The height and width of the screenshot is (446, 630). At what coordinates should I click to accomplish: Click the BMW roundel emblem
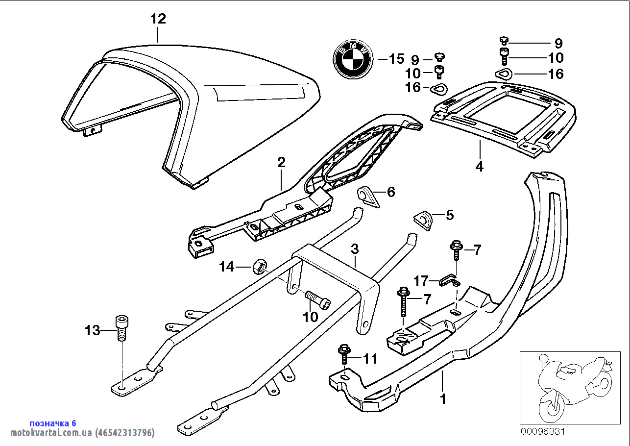click(x=352, y=59)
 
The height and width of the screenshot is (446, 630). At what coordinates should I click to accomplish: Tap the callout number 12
click(x=158, y=19)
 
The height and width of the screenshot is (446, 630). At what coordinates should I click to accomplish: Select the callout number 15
click(x=396, y=59)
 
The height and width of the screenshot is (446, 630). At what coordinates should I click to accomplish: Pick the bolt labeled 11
click(x=343, y=354)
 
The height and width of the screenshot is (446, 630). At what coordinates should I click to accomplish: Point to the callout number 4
click(x=479, y=167)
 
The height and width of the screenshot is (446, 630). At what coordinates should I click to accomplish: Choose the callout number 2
click(x=281, y=162)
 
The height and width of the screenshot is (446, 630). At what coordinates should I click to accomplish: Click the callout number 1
click(x=443, y=399)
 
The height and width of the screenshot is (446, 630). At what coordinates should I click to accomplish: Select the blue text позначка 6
click(x=53, y=423)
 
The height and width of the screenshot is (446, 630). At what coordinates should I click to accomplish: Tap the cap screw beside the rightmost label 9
click(x=504, y=41)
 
